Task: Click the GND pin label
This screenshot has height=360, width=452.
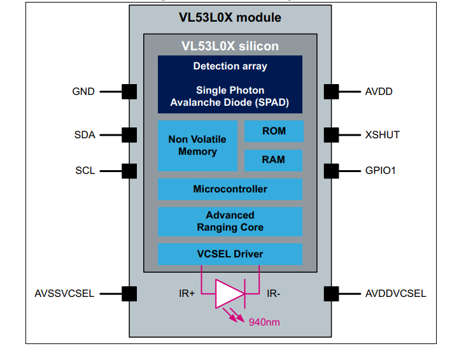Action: [x=83, y=92]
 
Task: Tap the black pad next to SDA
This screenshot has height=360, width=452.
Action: [x=129, y=135]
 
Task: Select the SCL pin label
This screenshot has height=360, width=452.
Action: [x=85, y=171]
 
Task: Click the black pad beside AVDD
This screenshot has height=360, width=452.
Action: [x=331, y=92]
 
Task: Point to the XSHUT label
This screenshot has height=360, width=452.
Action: [x=382, y=134]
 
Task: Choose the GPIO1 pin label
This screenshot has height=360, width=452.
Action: [x=380, y=171]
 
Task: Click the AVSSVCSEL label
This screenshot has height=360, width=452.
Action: [x=64, y=293]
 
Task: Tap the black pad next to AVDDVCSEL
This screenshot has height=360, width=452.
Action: [x=331, y=294]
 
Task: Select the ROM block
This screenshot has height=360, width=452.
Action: [x=274, y=131]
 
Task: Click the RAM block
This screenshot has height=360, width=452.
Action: [x=273, y=161]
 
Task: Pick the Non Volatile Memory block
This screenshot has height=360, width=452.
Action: [x=197, y=146]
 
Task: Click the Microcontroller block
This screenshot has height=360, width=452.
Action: [x=230, y=189]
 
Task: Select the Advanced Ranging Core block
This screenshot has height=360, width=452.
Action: [x=230, y=222]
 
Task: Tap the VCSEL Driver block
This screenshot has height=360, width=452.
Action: [x=230, y=254]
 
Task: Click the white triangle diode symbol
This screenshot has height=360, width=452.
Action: [x=228, y=294]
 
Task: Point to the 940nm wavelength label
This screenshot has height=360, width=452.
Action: [x=264, y=322]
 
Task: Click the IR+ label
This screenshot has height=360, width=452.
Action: [x=187, y=293]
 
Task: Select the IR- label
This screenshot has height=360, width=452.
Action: [x=273, y=293]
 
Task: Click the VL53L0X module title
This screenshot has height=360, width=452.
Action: [x=230, y=17]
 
